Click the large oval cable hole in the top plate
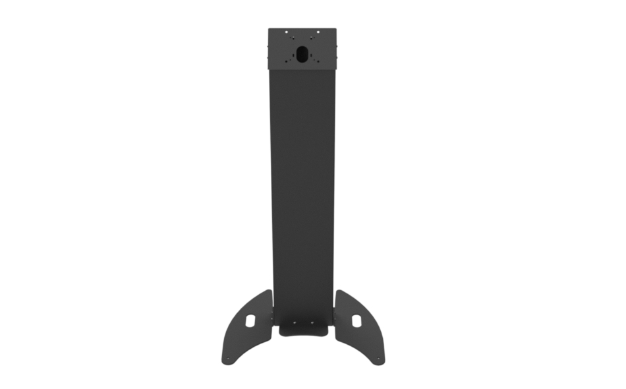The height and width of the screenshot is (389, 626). click(302, 53)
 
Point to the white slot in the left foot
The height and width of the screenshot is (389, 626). click(250, 320)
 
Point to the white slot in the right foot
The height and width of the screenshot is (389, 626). click(356, 320)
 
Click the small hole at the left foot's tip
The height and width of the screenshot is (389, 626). click(228, 359)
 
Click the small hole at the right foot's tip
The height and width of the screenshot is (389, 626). click(378, 359)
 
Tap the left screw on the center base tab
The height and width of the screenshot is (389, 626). click(294, 323)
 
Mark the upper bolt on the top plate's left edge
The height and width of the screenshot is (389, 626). click(268, 45)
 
